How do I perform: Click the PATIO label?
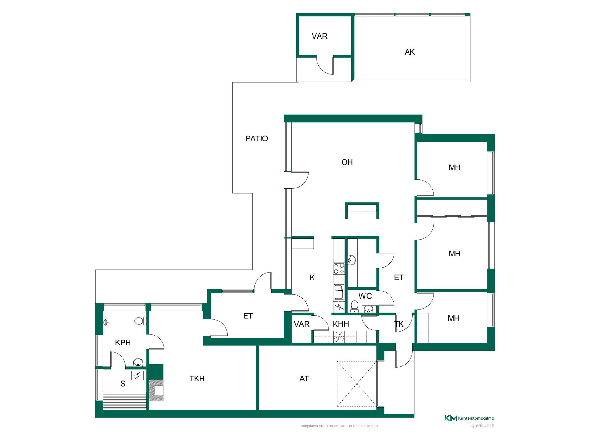257,139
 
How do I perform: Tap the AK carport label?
410,52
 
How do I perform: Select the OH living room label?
347,162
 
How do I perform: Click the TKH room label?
197,379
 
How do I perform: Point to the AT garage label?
304,379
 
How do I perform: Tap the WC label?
365,296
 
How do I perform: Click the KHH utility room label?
341,324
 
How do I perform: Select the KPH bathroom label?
123,343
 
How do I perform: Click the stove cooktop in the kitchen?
339,269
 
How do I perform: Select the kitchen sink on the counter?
339,292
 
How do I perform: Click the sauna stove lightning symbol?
137,376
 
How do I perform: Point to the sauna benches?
124,401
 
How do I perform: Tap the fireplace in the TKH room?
156,390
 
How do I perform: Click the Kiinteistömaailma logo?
469,418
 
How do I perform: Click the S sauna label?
123,384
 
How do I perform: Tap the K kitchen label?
312,278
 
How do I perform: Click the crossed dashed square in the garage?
357,384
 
